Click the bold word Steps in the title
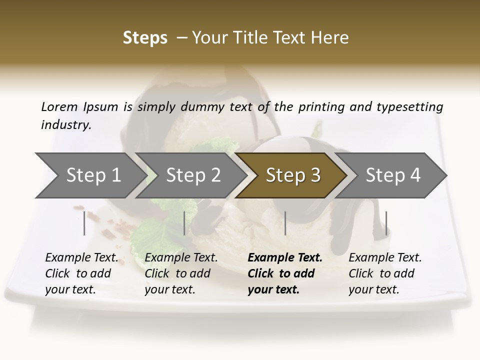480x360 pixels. pos(145,38)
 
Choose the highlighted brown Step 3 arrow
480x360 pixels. pos(292,175)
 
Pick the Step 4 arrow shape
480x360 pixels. pos(393,175)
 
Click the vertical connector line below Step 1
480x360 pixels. pos(84,223)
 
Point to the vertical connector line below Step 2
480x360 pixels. pos(184,223)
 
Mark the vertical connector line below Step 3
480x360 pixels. pos(285,223)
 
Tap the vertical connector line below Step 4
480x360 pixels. pos(386,223)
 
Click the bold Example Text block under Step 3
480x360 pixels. pos(285,273)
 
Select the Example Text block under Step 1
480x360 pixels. pos(81,273)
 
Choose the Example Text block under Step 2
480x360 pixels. pos(181,273)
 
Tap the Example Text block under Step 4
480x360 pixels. pos(385,273)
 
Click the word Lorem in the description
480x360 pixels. pos(59,106)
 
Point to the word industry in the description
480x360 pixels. pos(66,125)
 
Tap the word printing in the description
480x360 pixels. pos(316,106)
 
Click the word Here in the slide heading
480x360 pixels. pos(331,38)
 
